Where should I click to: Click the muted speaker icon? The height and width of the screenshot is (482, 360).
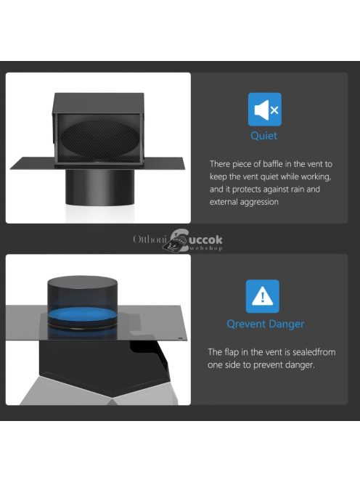click(265, 110)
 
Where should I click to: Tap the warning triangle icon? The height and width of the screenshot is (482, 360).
click(263, 296)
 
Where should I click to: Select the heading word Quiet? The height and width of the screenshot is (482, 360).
click(263, 136)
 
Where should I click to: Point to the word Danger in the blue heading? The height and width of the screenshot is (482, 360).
click(287, 324)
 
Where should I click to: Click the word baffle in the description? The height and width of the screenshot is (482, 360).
click(273, 164)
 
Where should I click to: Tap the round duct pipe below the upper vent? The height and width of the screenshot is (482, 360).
click(99, 187)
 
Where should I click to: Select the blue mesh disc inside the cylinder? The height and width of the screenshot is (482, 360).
click(82, 314)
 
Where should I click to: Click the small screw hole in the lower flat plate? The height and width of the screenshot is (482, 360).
click(181, 338)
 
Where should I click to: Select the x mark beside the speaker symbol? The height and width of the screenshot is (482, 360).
click(274, 110)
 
